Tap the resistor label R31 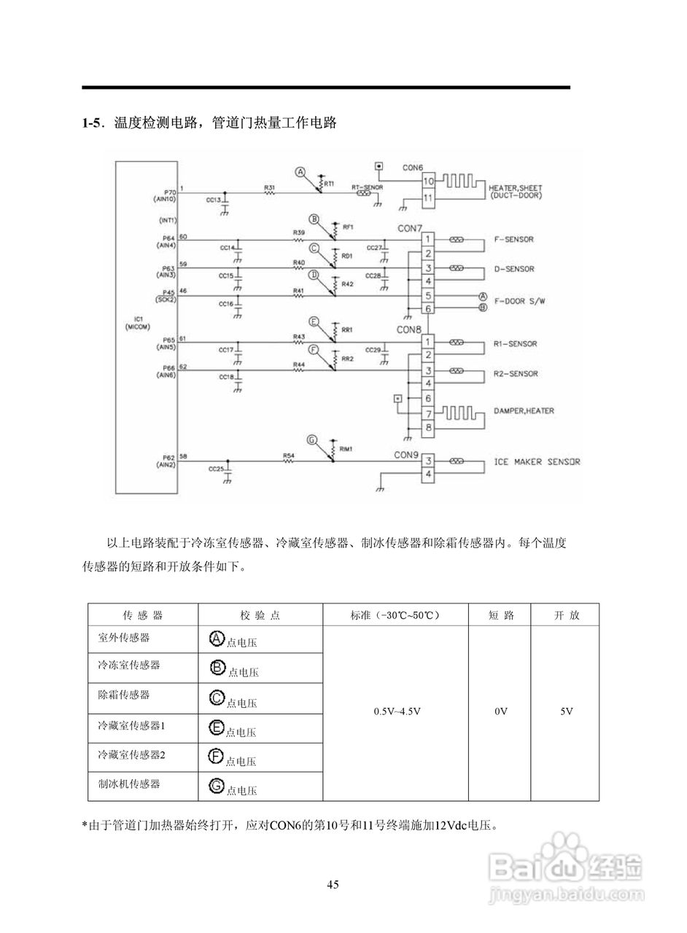pyautogui.click(x=269, y=188)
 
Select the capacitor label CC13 pyautogui.click(x=213, y=200)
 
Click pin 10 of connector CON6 pyautogui.click(x=428, y=181)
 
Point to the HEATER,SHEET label pyautogui.click(x=516, y=187)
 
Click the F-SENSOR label pyautogui.click(x=514, y=240)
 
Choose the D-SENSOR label pyautogui.click(x=514, y=270)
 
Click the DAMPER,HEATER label pyautogui.click(x=524, y=411)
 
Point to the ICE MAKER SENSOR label pyautogui.click(x=537, y=462)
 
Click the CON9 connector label pyautogui.click(x=406, y=455)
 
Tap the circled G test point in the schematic pyautogui.click(x=312, y=440)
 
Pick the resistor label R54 pyautogui.click(x=288, y=456)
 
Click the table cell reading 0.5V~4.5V pyautogui.click(x=397, y=711)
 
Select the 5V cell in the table pyautogui.click(x=566, y=711)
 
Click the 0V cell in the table pyautogui.click(x=500, y=711)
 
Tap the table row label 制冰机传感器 pyautogui.click(x=129, y=784)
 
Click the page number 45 pyautogui.click(x=333, y=885)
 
